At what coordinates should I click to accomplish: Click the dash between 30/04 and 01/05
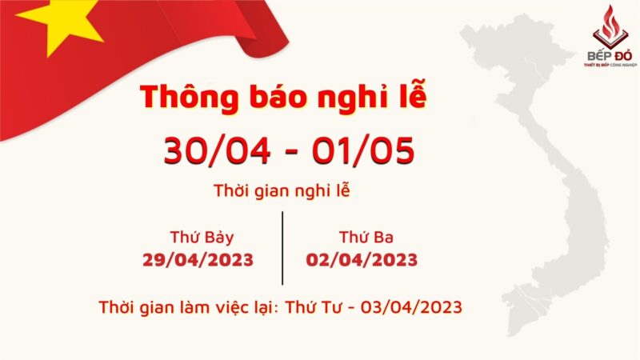(287, 151)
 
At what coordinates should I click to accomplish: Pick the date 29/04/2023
(198, 259)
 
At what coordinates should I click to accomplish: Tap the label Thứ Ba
(366, 237)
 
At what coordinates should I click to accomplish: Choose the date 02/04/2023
(362, 259)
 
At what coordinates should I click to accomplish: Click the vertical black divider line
(282, 248)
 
